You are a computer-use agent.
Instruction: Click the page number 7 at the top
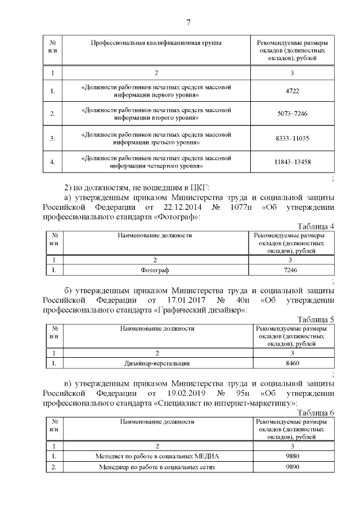click(x=189, y=22)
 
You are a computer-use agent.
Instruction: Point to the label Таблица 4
click(x=316, y=227)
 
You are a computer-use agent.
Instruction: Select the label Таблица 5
click(x=316, y=319)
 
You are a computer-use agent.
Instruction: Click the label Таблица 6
click(x=316, y=413)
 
